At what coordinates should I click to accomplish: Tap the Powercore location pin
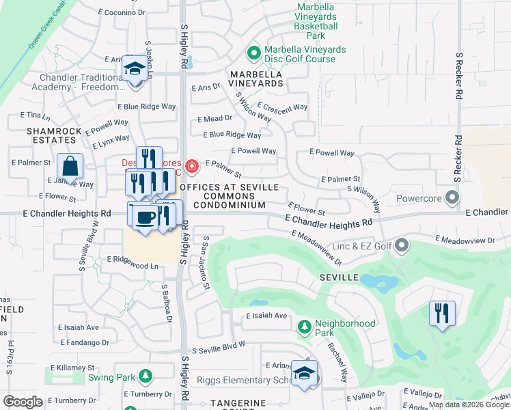pos(451,199)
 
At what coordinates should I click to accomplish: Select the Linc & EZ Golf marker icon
pos(402,244)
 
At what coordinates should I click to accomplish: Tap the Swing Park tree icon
pos(145,377)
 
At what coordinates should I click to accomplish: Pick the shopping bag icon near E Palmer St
pos(70,166)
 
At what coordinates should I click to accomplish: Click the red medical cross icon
pos(192,165)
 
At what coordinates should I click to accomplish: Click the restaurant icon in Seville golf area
pos(442,314)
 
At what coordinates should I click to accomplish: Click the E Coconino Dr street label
pos(122,12)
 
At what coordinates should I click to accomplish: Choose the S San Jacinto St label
pos(205,263)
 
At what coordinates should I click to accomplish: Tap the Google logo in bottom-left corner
pos(23,401)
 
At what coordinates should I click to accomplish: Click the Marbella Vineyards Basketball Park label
pos(316,21)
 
